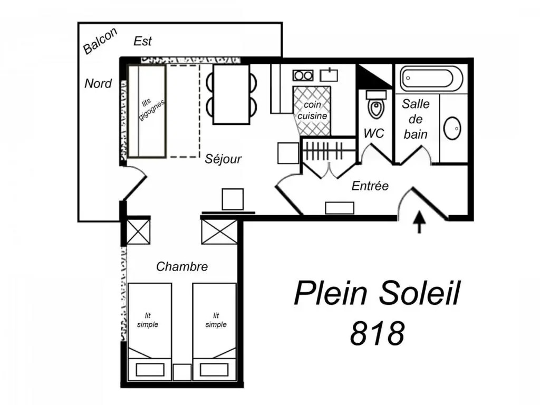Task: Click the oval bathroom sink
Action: pos(452,128)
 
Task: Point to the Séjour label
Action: pos(223,159)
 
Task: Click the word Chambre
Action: pos(182,267)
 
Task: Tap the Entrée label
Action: pos(370,186)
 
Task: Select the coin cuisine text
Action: pos(312,110)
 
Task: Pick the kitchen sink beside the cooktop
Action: pos(329,74)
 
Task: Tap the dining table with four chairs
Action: pos(231,94)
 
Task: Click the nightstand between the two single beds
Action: pos(182,372)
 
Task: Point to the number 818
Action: pos(378,333)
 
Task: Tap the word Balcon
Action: pos(100,41)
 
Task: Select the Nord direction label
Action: pos(98,83)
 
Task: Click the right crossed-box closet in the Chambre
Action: pos(219,232)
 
